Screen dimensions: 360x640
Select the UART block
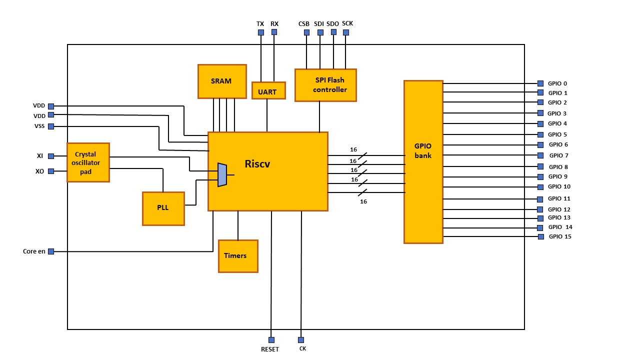click(x=268, y=91)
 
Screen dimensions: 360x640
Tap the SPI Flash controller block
click(x=325, y=85)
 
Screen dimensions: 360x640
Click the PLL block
click(x=163, y=208)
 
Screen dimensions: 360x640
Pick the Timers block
click(x=238, y=256)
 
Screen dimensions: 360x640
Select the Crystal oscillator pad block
click(x=88, y=162)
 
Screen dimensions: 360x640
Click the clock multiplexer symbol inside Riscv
click(x=222, y=175)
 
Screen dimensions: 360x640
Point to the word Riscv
click(x=257, y=163)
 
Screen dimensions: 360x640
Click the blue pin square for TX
click(x=260, y=32)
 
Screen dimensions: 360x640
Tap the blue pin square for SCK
click(x=346, y=32)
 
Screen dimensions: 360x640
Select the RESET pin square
click(x=271, y=339)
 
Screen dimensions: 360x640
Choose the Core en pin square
click(x=51, y=251)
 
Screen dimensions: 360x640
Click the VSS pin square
click(x=51, y=126)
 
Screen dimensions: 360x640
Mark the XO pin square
click(x=51, y=171)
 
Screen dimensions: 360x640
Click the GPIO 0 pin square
click(x=540, y=83)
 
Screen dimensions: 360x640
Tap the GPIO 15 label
click(x=560, y=236)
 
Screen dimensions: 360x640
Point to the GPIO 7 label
click(x=559, y=155)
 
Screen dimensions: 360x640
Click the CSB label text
click(x=304, y=23)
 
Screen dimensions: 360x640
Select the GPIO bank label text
click(x=423, y=150)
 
